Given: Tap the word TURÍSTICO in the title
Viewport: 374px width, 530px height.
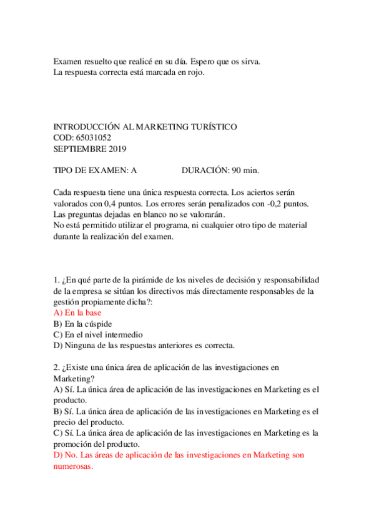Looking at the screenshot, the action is [211, 126].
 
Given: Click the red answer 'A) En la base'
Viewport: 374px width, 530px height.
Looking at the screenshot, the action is [77, 312].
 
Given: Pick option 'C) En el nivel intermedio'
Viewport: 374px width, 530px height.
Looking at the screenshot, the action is [99, 334].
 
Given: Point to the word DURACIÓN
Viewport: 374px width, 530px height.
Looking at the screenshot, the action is [205, 171].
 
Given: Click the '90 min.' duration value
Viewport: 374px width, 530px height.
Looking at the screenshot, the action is [245, 171].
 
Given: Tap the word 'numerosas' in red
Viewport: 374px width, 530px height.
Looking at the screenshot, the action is [73, 466].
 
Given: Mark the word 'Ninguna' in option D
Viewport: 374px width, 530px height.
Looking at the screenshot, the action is [79, 345].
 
